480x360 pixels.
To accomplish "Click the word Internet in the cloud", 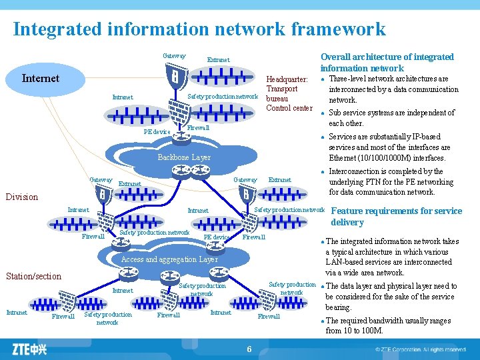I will pos(41,78).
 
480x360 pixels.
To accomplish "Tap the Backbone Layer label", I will pos(184,157).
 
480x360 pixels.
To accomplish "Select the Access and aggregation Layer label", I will pos(169,259).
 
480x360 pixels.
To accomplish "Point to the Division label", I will pos(22,197).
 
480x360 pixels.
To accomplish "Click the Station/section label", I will pos(33,276).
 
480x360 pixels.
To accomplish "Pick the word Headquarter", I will pos(287,79).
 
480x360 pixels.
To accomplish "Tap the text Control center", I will pos(289,108).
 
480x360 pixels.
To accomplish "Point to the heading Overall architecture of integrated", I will pos(387,57).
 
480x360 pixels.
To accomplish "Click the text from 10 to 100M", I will pos(355,331).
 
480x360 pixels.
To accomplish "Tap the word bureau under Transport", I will pos(277,98).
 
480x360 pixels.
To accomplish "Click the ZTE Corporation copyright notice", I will pos(420,349).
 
